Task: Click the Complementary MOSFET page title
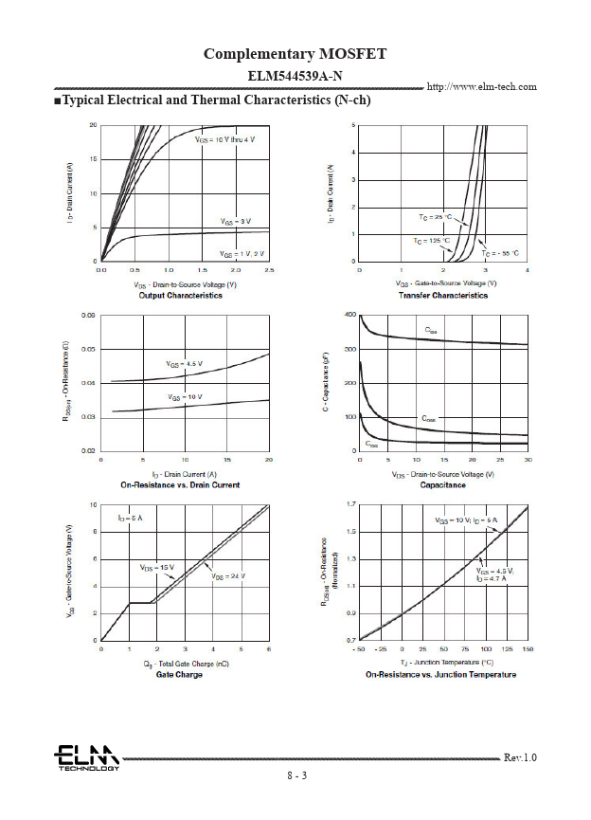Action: pos(295,53)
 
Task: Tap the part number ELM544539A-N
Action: pos(295,76)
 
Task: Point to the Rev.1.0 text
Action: pos(520,757)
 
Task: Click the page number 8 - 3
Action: pos(297,775)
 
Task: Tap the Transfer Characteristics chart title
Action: pos(441,296)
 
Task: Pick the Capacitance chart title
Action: pos(442,485)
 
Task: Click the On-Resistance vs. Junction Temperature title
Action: pos(441,675)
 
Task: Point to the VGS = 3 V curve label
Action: pos(235,221)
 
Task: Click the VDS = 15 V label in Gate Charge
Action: pos(157,567)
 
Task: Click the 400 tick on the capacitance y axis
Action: pos(349,315)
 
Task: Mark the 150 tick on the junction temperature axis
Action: pos(528,648)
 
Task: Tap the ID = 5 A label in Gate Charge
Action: pos(130,519)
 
